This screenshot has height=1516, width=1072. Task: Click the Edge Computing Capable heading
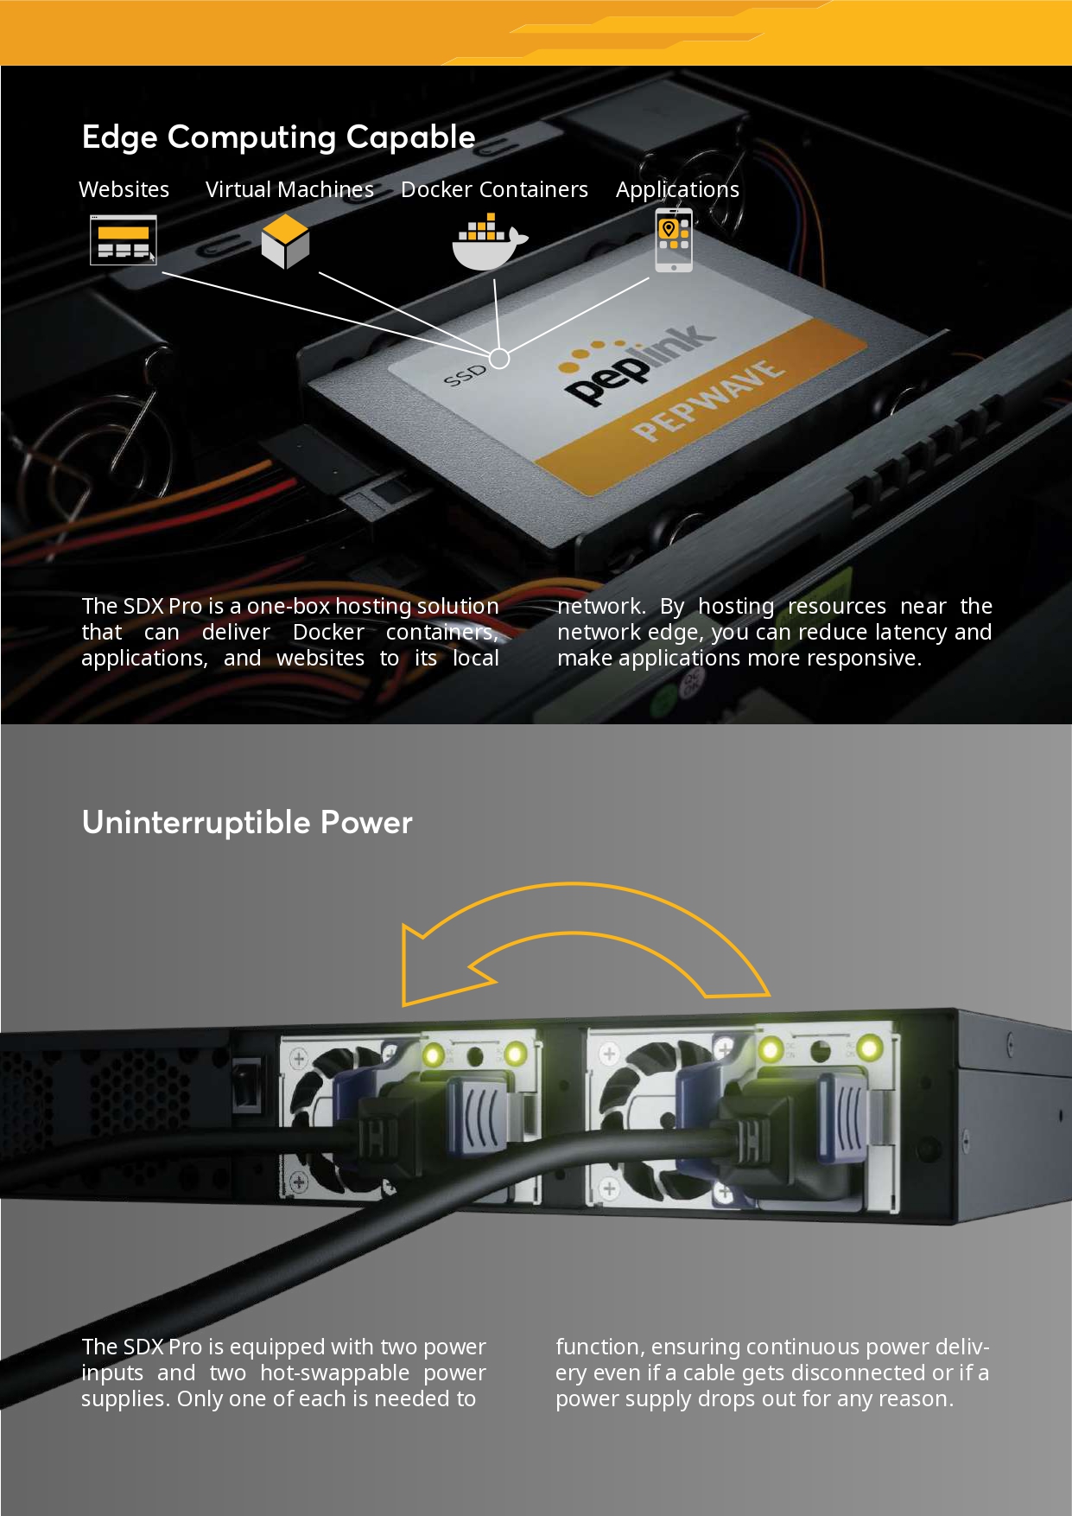tap(278, 137)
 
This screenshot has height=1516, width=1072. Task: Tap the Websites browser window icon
tap(124, 239)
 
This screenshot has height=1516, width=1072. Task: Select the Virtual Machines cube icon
tap(285, 242)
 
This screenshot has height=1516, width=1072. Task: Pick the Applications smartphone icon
tap(674, 240)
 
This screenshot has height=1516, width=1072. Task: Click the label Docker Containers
tap(494, 189)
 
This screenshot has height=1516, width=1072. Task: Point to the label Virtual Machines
tap(289, 189)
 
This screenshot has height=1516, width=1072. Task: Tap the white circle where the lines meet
tap(499, 357)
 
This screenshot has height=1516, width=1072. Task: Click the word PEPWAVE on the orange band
tap(708, 402)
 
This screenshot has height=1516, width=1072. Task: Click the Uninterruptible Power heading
tap(247, 822)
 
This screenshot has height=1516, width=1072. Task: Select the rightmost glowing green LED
tap(868, 1048)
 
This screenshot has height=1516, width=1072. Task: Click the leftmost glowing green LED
tap(434, 1055)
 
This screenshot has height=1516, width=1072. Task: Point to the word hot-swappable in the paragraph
tap(335, 1373)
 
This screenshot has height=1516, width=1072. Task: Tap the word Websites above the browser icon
tap(124, 189)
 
